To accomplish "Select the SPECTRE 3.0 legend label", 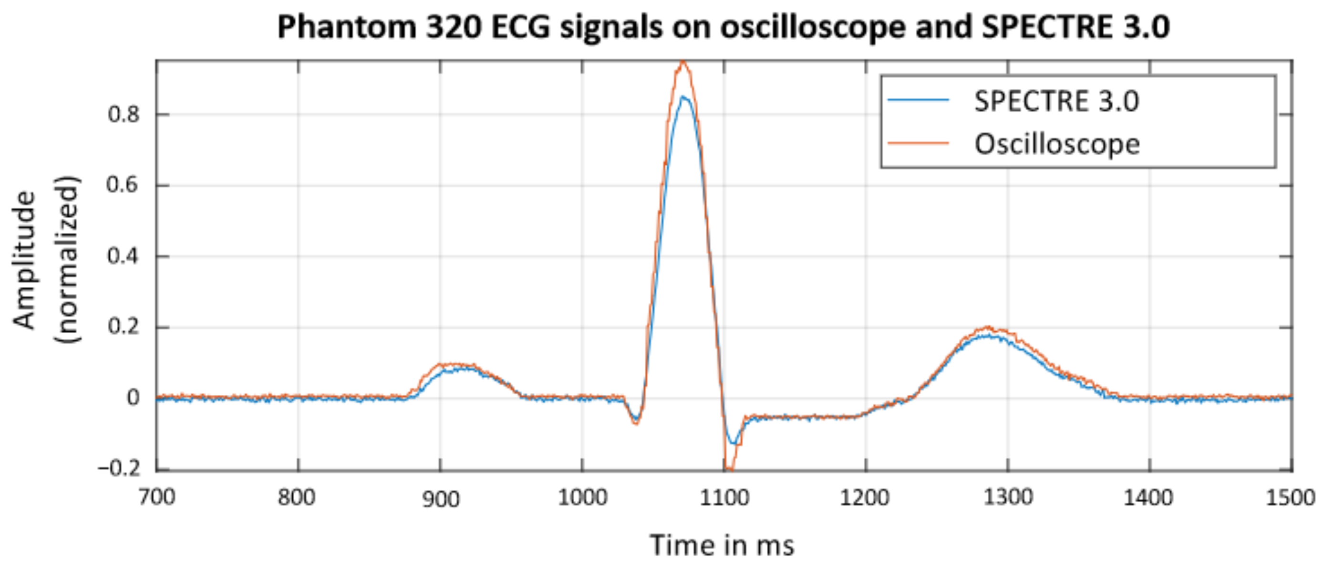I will point(1056,101).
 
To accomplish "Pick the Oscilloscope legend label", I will point(1057,144).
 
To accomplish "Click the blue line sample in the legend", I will point(918,100).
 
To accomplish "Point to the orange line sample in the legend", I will point(918,143).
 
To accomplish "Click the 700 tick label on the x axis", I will point(156,497).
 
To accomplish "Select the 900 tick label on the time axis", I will point(441,498).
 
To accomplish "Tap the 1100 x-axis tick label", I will point(724,497).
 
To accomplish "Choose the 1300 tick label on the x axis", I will point(1008,497).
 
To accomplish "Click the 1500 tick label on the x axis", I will point(1292,497).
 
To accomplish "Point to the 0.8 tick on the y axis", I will point(123,114).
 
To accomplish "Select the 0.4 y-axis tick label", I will point(123,256).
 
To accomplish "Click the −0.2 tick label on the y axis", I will point(119,469).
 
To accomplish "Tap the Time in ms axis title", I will point(722,545).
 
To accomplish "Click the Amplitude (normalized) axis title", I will point(46,260).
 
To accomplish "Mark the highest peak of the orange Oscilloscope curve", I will point(682,62).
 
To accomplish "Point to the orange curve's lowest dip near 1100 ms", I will point(729,469).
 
